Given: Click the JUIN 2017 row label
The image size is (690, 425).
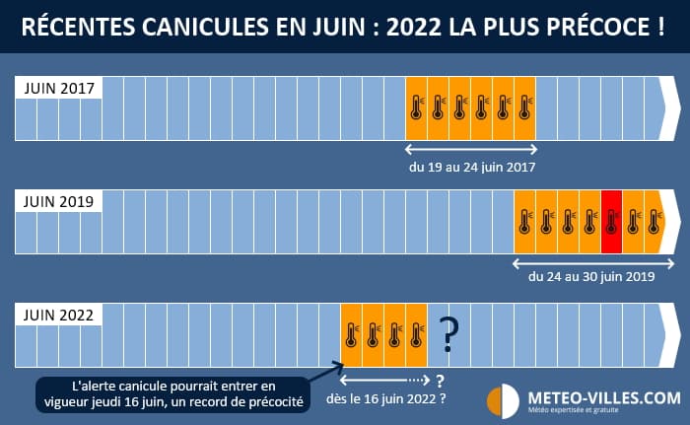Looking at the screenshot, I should tap(57, 89).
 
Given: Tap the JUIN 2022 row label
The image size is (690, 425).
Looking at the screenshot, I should tap(57, 316).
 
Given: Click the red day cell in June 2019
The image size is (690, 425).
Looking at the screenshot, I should tap(611, 222).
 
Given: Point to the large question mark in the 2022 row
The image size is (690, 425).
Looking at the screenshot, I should tap(449, 335).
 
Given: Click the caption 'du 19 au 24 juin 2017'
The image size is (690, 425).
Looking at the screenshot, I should tap(472, 168).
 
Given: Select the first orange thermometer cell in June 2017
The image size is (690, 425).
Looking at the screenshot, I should tap(417, 107).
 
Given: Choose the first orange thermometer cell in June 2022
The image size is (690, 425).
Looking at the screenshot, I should tap(351, 334).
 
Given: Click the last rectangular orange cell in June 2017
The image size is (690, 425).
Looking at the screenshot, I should tap(524, 107).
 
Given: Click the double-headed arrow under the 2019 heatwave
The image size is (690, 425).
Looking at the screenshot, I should tap(591, 262).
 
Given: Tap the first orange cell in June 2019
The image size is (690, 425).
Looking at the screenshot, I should tap(525, 222).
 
